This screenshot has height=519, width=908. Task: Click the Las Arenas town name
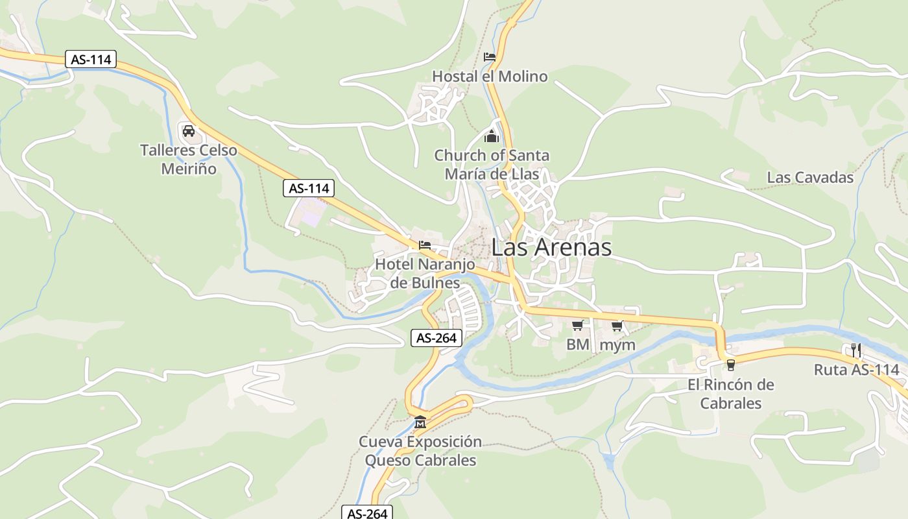(551, 247)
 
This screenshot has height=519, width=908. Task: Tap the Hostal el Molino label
(490, 77)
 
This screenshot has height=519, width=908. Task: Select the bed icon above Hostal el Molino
(490, 57)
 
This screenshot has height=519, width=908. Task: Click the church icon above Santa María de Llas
(492, 136)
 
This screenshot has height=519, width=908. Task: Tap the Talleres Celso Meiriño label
(189, 160)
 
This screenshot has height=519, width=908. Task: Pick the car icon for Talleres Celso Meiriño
(189, 131)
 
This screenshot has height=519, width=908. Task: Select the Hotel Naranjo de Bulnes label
(425, 274)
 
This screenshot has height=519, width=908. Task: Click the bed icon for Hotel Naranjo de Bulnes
(425, 245)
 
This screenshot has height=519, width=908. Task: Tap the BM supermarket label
(577, 344)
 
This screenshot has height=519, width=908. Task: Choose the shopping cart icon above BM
(577, 325)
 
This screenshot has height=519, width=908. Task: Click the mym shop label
(617, 345)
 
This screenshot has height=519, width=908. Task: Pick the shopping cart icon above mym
(617, 326)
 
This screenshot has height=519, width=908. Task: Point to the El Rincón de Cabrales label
(731, 394)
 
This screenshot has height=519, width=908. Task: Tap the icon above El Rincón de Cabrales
(731, 365)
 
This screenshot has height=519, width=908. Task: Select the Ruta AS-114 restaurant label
(857, 370)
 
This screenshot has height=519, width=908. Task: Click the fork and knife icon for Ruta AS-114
(856, 350)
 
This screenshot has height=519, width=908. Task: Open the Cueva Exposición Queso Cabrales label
(420, 451)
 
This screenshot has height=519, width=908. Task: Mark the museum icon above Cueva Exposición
(420, 422)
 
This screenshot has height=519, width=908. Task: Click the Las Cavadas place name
(810, 177)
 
